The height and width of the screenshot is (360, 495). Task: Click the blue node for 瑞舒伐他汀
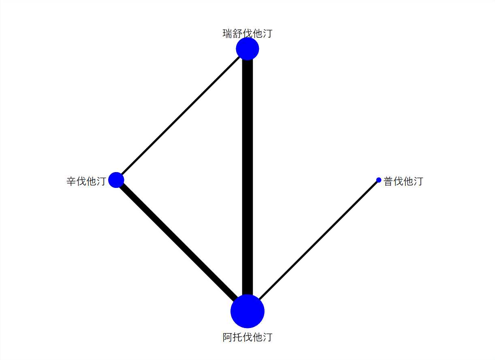[x=247, y=49]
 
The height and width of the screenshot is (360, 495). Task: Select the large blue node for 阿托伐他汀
[x=247, y=311]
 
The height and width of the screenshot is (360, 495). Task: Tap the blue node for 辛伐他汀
[x=116, y=180]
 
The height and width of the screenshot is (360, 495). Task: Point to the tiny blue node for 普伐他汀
[x=379, y=180]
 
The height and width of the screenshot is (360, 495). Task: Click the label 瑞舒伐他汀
[x=247, y=33]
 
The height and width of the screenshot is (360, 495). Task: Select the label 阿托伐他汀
[x=247, y=337]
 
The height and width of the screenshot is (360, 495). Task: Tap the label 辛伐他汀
[x=86, y=181]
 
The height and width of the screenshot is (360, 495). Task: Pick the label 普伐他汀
[x=403, y=181]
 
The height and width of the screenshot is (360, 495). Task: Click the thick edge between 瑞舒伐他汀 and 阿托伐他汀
[x=247, y=178]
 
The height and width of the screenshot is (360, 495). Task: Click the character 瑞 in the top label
[x=228, y=33]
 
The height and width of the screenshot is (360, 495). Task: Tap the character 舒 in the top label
[x=237, y=33]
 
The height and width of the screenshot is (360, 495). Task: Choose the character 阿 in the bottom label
[x=228, y=337]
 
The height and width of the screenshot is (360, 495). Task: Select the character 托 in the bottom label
[x=237, y=337]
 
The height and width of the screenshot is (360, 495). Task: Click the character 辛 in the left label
[x=72, y=181]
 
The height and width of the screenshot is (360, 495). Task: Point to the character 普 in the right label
[x=389, y=181]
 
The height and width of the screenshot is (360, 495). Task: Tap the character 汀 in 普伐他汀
[x=418, y=181]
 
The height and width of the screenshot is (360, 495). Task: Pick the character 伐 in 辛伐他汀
[x=81, y=181]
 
